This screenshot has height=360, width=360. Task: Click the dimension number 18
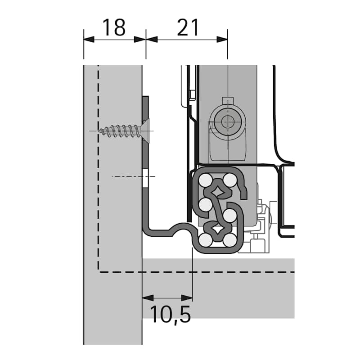point(114,27)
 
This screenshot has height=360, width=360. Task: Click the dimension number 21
point(188,27)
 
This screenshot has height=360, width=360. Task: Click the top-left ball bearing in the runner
point(206,180)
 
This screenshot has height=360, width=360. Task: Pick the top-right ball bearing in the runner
point(230,180)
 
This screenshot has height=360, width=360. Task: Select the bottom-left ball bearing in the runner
point(206,240)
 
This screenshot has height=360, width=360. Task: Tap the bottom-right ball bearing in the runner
point(230,240)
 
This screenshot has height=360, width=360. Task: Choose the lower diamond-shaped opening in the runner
point(218,229)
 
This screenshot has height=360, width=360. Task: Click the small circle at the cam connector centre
point(228,121)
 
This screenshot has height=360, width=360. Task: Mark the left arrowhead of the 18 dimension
point(89,39)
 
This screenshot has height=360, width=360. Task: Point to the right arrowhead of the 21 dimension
point(222,39)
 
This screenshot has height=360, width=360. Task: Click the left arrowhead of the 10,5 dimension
point(148,298)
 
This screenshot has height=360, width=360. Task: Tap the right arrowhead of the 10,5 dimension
point(187,298)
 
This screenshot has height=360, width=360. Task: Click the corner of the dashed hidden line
point(99,272)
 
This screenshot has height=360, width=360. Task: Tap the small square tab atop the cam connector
point(228,100)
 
